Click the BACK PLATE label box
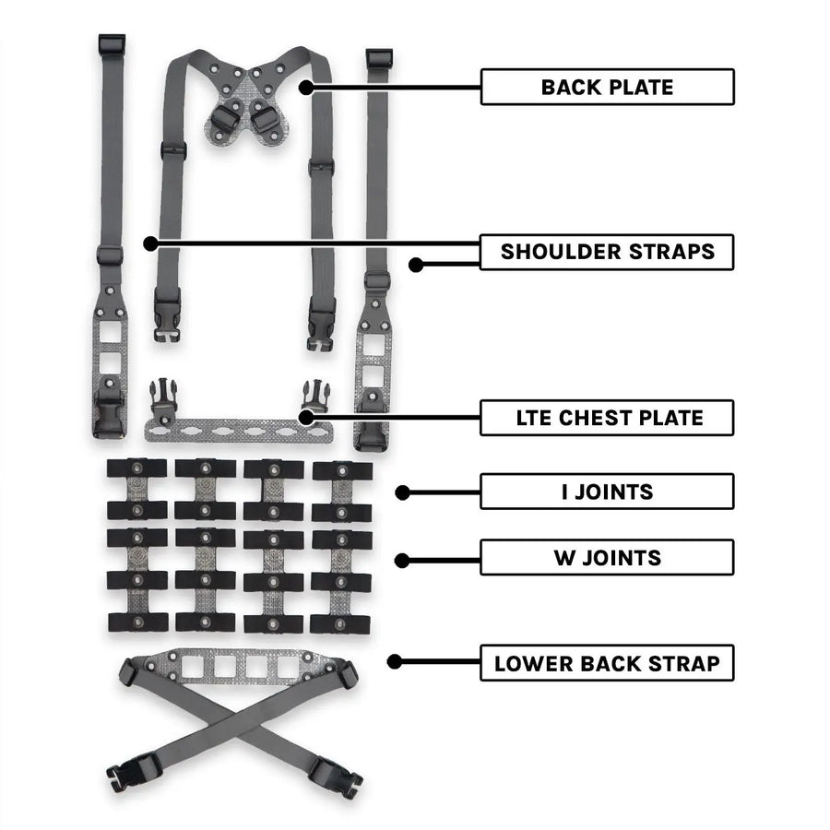click(607, 88)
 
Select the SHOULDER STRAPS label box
click(607, 252)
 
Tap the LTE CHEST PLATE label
click(607, 418)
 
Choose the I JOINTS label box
click(607, 492)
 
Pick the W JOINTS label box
click(607, 558)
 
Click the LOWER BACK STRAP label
click(607, 663)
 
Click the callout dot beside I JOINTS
click(401, 492)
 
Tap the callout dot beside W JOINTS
click(401, 560)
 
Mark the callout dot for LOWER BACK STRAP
click(395, 661)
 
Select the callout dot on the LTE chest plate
click(303, 418)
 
